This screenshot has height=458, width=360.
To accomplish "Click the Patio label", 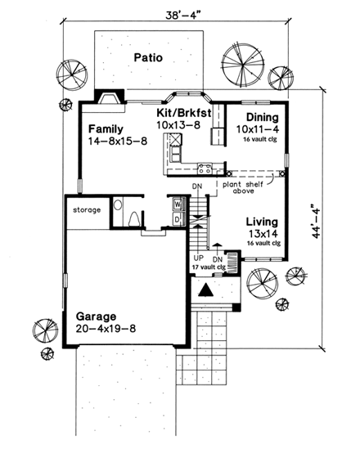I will [150, 58].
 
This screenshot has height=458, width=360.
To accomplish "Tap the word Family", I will [106, 128].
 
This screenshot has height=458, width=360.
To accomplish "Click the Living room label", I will [263, 222].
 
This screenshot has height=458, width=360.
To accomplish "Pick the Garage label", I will [97, 316].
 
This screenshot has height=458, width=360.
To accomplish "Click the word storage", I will [87, 210].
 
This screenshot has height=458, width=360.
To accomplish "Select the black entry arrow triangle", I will [208, 290].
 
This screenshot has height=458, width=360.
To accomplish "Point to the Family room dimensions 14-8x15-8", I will [116, 141].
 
